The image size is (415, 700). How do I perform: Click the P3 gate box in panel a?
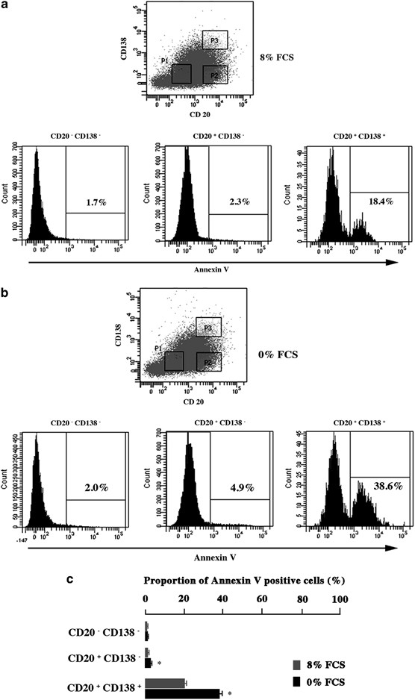214,40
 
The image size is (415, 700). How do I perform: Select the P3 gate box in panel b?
209,326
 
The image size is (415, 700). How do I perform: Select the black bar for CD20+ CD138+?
183,693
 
